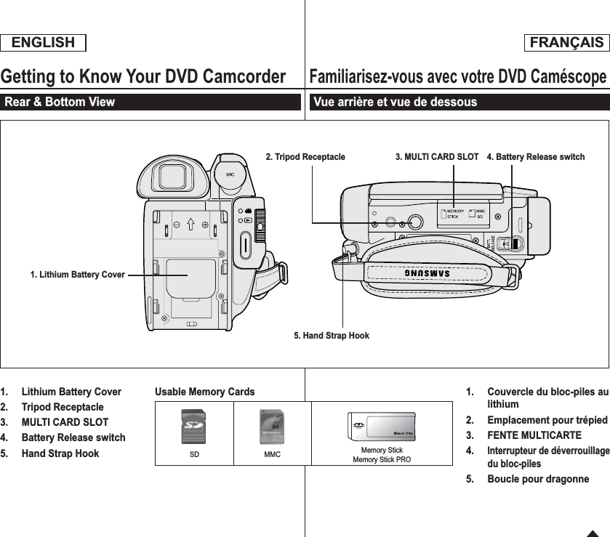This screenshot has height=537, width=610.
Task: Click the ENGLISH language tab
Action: [43, 43]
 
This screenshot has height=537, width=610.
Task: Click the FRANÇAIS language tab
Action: [566, 43]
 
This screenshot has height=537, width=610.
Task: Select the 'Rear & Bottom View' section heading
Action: [60, 102]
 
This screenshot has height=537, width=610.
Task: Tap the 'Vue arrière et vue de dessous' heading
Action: [394, 102]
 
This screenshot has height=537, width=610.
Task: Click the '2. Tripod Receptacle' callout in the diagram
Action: [305, 156]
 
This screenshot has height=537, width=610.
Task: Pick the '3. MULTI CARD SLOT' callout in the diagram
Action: [436, 156]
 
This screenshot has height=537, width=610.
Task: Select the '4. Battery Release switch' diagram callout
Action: [535, 156]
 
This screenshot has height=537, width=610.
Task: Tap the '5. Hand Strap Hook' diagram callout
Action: [331, 336]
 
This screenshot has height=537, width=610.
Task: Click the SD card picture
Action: [193, 427]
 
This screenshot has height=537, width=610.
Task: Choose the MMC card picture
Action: [272, 427]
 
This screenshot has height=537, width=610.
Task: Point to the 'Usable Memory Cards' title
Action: [205, 392]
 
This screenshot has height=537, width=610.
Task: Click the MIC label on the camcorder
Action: [230, 174]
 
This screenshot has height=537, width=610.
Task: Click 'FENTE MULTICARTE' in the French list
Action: [534, 435]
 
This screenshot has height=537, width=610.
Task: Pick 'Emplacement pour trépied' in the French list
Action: [547, 420]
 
